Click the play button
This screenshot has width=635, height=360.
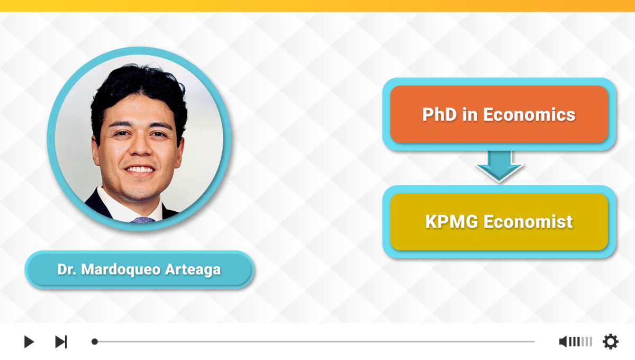click(x=29, y=341)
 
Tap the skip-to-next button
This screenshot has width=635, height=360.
click(x=61, y=341)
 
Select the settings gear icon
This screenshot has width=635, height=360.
click(x=610, y=341)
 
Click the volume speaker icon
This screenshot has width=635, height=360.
click(x=563, y=341)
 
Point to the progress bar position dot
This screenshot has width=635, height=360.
click(x=95, y=341)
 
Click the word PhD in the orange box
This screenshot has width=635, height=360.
click(x=440, y=114)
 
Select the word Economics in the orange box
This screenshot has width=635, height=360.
click(x=529, y=114)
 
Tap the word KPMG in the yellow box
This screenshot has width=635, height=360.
click(x=451, y=222)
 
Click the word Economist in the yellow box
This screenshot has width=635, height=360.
click(x=528, y=222)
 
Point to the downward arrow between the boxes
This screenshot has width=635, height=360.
click(x=499, y=166)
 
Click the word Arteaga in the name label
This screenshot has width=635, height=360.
click(x=193, y=269)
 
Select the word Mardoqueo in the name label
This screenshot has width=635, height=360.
click(x=121, y=269)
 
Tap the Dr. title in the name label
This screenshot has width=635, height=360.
click(x=67, y=269)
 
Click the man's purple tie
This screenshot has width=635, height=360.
click(x=142, y=220)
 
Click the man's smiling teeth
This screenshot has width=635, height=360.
click(x=140, y=169)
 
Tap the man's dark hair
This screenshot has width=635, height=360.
click(x=139, y=88)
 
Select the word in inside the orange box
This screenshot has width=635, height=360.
click(x=470, y=114)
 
